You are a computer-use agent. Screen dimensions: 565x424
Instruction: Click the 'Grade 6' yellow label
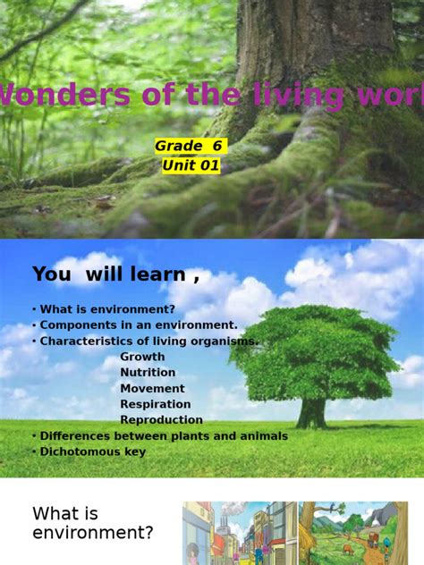(190, 147)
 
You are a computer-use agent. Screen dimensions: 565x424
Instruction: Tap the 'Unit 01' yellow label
(191, 165)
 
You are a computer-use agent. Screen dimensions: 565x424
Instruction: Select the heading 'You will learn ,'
(115, 274)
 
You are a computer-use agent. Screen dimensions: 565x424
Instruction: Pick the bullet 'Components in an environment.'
(135, 325)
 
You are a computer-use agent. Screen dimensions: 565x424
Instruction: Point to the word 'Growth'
(142, 357)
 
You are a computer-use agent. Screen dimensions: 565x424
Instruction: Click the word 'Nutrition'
(148, 373)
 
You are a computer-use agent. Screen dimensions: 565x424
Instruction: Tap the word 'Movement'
(152, 389)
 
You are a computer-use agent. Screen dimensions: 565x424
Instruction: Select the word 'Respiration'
(156, 404)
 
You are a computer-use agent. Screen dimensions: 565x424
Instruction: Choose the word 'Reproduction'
(161, 420)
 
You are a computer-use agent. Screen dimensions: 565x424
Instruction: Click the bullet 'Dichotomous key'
(89, 452)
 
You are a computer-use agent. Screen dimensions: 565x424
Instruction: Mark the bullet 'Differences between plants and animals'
(160, 436)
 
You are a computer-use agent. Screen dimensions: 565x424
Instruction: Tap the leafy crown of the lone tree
(313, 349)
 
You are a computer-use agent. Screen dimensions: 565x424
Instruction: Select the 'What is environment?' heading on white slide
(92, 523)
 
